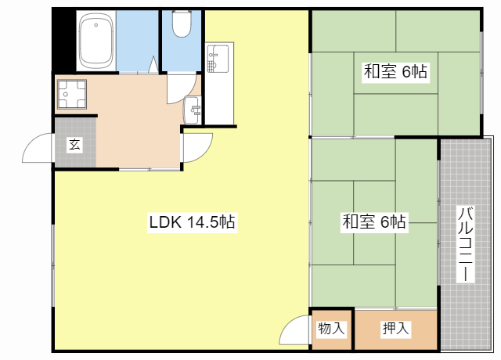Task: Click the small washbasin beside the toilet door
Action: pyautogui.click(x=193, y=110)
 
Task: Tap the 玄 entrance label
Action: pyautogui.click(x=74, y=144)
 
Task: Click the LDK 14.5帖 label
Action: pyautogui.click(x=193, y=222)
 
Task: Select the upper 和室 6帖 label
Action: pyautogui.click(x=395, y=73)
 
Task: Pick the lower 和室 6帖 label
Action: pyautogui.click(x=374, y=222)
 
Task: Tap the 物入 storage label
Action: pyautogui.click(x=331, y=329)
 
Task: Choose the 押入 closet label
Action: pyautogui.click(x=396, y=329)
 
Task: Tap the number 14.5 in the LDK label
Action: pyautogui.click(x=201, y=222)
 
